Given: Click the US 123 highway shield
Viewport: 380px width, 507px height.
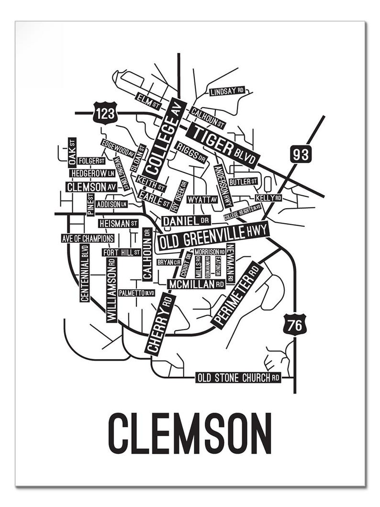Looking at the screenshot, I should tap(105, 113).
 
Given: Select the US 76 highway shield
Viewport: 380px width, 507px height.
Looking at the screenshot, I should tap(294, 325).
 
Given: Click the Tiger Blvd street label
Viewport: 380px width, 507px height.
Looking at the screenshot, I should tap(223, 145).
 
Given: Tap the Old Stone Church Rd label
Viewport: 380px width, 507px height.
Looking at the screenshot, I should tap(238, 378).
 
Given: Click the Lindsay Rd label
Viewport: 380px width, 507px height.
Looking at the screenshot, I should tap(227, 91).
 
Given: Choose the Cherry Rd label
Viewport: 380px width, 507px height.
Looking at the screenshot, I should tap(160, 324).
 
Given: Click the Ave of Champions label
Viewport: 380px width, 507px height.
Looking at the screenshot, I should tap(88, 238).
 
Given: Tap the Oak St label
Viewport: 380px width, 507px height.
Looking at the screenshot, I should tap(72, 151).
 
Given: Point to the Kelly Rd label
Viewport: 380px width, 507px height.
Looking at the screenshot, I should tap(268, 198).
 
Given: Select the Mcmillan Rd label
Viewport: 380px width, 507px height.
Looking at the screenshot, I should tap(196, 284).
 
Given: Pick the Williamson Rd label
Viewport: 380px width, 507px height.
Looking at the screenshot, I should tap(112, 290).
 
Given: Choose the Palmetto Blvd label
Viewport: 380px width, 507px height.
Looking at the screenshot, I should tap(136, 293).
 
